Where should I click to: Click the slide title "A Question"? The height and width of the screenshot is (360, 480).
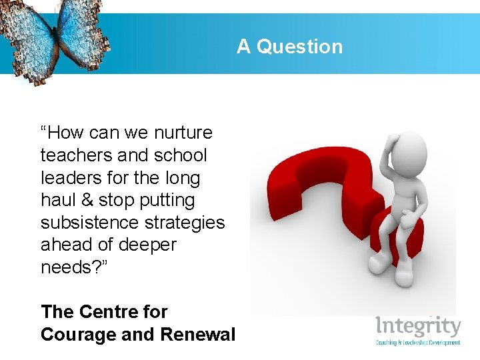289,47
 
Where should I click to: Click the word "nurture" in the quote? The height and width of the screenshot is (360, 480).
183,133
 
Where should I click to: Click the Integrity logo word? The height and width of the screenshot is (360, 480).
418,327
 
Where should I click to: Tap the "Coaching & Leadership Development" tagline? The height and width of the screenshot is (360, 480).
418,343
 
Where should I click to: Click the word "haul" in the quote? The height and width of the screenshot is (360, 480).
59,200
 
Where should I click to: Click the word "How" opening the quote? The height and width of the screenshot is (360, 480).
67,133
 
